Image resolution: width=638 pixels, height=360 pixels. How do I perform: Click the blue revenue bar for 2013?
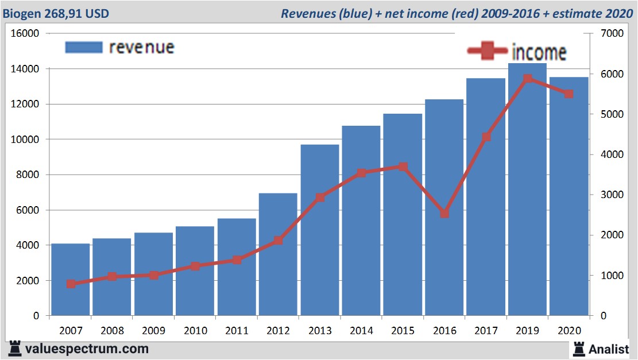[320, 230]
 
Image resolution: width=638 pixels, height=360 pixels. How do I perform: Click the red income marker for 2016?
[444, 214]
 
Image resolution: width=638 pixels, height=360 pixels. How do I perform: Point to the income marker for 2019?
[528, 79]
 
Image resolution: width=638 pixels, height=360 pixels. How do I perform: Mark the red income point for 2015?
[403, 167]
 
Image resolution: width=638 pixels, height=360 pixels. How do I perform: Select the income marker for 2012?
[278, 241]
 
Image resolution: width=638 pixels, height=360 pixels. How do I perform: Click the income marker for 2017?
[486, 137]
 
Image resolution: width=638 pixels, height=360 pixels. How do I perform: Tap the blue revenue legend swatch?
[84, 48]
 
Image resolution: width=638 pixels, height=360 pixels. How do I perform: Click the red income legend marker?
[488, 51]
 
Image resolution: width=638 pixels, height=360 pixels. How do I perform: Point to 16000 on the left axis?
[25, 33]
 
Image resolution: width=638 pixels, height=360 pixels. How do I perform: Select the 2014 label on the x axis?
[361, 331]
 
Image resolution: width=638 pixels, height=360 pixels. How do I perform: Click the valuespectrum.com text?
[86, 349]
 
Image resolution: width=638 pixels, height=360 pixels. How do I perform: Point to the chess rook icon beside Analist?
[579, 348]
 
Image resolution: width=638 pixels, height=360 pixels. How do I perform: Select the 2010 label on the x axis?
[195, 331]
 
